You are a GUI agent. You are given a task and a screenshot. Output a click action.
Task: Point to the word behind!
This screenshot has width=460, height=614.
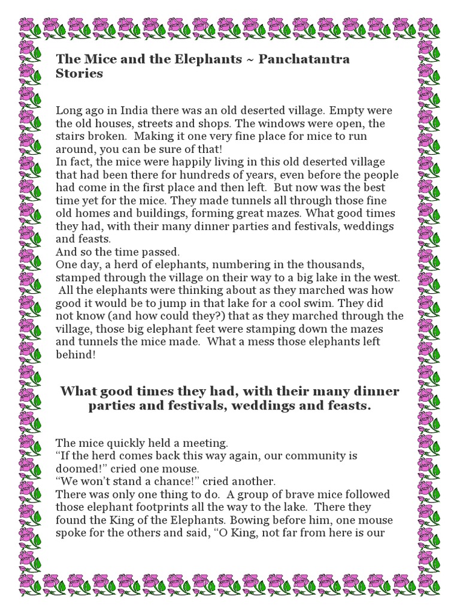pyautogui.click(x=76, y=356)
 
